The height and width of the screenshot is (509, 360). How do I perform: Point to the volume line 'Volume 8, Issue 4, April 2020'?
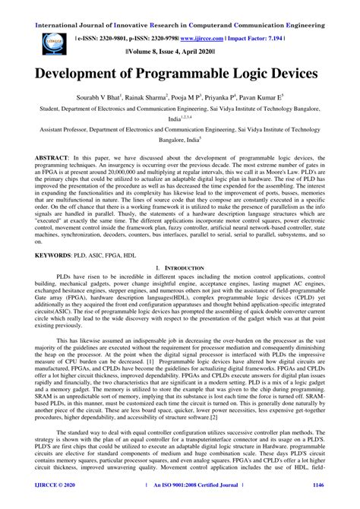(x=180, y=55)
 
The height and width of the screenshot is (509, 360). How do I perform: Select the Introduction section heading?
(x=180, y=269)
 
